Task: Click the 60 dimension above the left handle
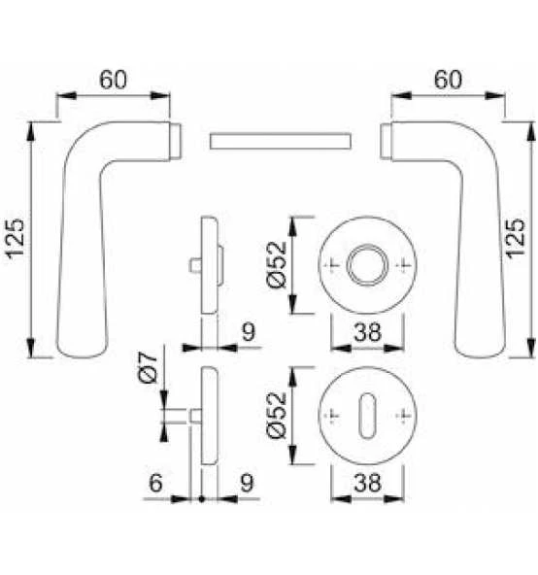[x=113, y=80]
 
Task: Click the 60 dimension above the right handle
[x=448, y=80]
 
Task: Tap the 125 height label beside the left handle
[x=17, y=239]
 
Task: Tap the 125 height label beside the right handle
[x=516, y=238]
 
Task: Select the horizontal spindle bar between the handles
[x=281, y=141]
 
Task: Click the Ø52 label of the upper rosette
[x=276, y=264]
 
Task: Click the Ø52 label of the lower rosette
[x=276, y=415]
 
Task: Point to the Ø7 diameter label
[x=149, y=368]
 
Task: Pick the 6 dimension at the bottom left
[x=155, y=483]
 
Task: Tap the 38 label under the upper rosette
[x=367, y=332]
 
